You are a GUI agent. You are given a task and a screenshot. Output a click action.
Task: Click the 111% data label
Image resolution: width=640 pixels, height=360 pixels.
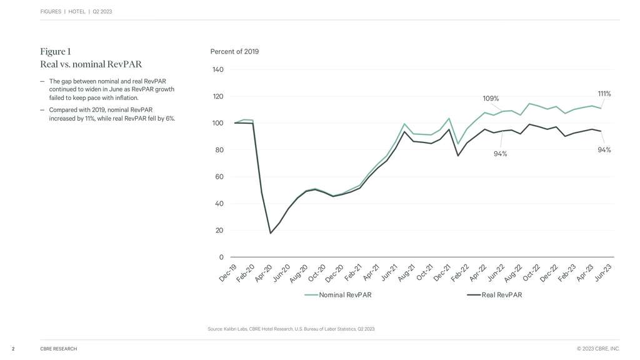604,94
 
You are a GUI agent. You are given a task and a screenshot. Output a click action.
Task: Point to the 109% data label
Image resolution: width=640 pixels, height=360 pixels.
491,98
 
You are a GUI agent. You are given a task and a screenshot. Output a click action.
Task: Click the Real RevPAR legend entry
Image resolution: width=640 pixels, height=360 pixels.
501,295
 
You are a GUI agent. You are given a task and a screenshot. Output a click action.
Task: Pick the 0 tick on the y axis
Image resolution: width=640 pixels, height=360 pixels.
221,257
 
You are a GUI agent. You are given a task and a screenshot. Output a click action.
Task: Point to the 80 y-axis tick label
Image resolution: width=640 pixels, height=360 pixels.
218,150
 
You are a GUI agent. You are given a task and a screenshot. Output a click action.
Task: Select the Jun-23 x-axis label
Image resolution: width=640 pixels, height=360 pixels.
603,272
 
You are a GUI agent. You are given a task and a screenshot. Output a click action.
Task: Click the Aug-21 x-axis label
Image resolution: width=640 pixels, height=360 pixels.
407,272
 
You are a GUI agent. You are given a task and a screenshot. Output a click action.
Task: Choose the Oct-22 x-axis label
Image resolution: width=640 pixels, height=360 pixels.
532,272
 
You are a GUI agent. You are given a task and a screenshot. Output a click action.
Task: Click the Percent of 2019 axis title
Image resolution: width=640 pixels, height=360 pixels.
234,51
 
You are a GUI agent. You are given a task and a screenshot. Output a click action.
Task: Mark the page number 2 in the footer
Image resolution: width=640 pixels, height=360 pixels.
12,349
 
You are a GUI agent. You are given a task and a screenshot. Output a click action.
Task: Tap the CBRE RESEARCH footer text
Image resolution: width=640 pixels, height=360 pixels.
58,349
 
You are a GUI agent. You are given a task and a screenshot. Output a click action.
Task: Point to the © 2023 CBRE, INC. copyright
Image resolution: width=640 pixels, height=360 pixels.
598,349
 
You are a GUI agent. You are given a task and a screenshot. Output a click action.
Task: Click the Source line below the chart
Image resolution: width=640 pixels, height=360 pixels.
291,329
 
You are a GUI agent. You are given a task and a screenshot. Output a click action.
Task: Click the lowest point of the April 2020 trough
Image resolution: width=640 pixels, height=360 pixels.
271,233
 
